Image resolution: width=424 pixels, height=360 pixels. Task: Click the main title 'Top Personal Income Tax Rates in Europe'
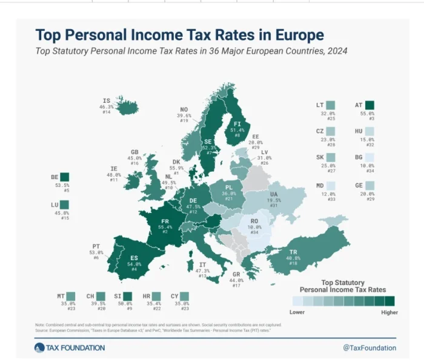coord(179,34)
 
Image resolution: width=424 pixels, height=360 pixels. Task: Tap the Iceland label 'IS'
coord(107,100)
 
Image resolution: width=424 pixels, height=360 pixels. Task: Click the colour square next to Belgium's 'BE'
coord(65,177)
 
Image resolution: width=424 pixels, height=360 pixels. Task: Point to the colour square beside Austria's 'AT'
coord(369,105)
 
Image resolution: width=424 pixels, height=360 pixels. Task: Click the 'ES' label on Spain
coord(133,258)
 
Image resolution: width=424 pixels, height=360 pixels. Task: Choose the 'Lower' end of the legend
coord(297,312)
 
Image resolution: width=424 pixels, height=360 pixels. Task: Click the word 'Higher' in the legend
coord(390,312)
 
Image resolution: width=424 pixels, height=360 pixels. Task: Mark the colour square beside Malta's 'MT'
coord(71,296)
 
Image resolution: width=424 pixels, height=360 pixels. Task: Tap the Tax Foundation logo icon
coord(39,347)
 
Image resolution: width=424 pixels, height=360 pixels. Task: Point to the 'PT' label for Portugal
coord(96,245)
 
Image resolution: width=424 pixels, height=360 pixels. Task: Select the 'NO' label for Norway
coord(184,110)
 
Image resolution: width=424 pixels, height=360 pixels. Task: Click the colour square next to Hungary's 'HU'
coord(369,131)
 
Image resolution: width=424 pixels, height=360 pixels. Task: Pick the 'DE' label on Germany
coord(193,201)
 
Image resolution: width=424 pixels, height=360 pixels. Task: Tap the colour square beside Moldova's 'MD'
coord(330,185)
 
